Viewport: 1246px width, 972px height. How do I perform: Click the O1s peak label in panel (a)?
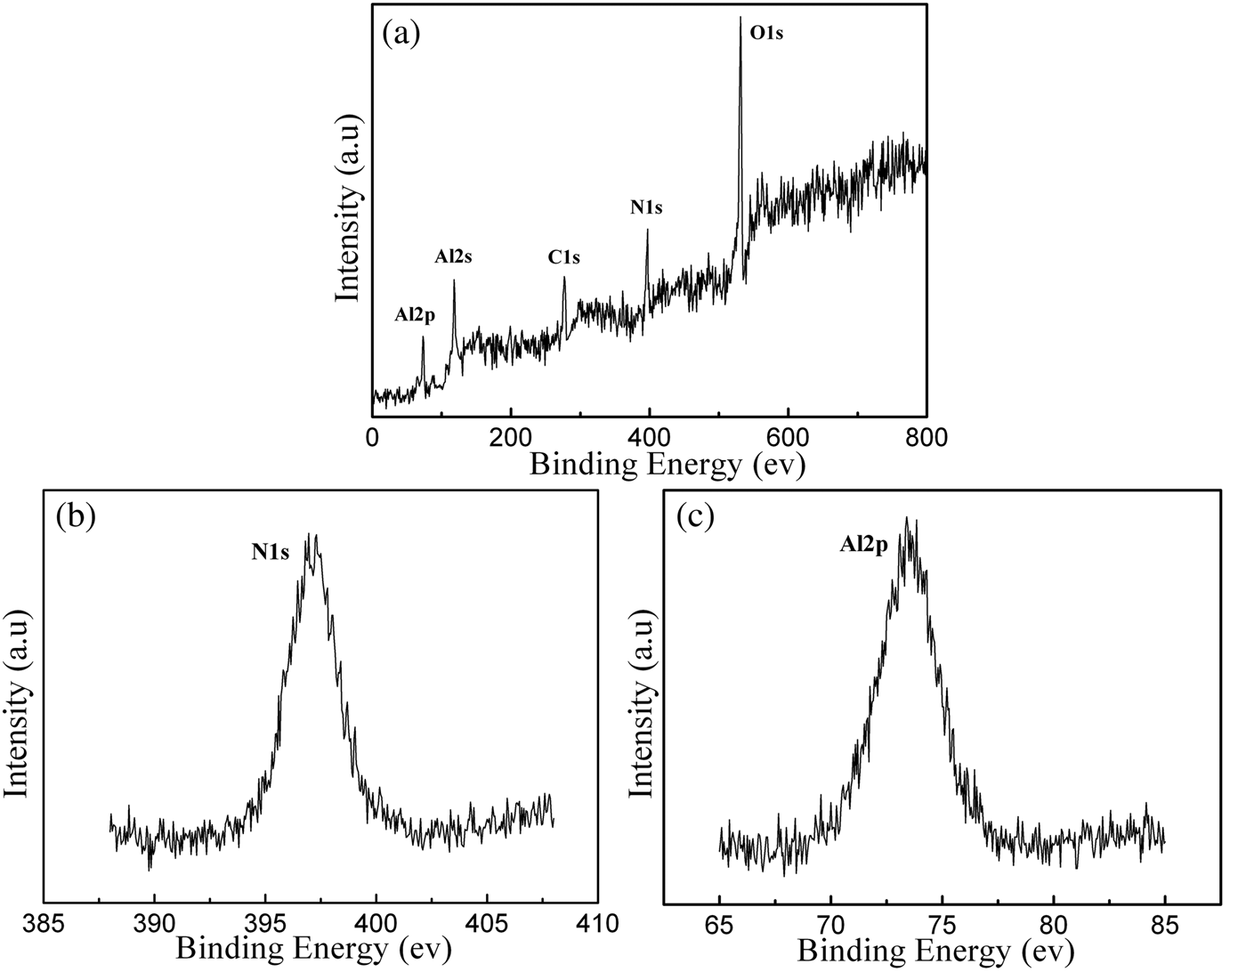[766, 35]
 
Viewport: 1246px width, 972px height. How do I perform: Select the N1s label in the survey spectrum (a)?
[647, 208]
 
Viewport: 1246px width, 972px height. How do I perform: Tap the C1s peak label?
[563, 258]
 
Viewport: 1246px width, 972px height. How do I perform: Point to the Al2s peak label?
[453, 257]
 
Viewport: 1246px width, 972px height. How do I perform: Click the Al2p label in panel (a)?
[416, 315]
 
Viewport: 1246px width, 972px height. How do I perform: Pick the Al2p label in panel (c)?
[863, 546]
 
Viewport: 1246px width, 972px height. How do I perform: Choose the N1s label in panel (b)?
[270, 553]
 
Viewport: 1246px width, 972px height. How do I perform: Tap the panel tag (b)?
[75, 516]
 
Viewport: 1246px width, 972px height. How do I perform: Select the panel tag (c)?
[695, 516]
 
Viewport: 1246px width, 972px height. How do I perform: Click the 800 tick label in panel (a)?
[926, 437]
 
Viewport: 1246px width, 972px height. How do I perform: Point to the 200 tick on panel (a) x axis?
[510, 437]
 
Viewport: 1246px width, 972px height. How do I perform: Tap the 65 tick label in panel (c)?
[719, 924]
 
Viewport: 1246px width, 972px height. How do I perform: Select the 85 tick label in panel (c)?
[1165, 924]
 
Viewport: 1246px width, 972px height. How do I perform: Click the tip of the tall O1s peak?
[740, 18]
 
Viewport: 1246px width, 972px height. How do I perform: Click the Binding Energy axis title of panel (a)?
[667, 466]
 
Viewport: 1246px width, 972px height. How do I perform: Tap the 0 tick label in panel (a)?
[372, 437]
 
